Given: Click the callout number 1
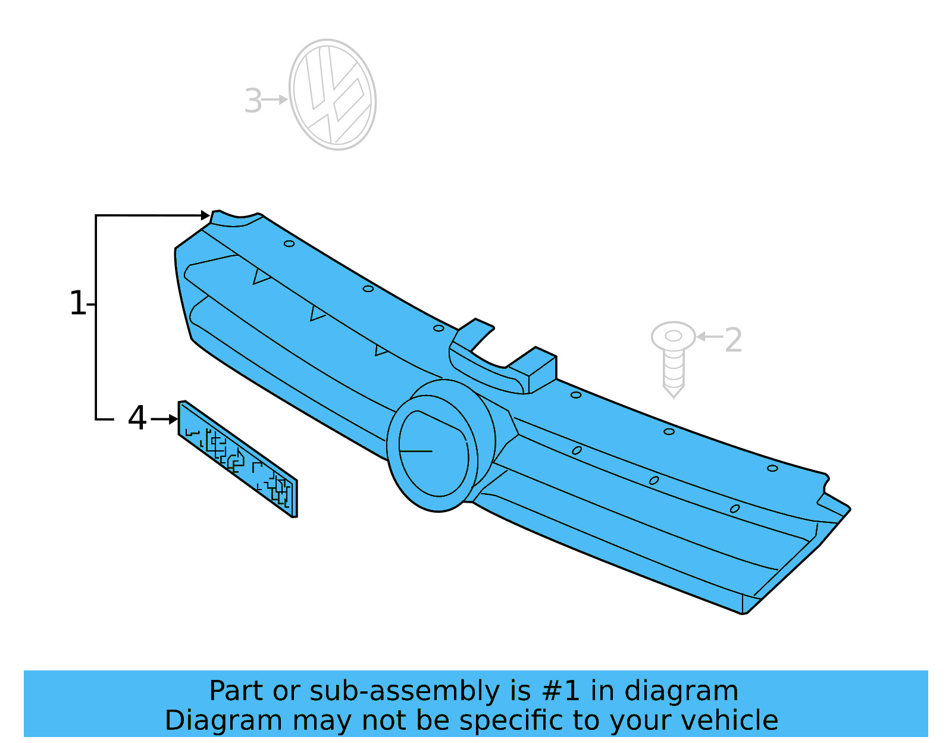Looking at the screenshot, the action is (x=78, y=303).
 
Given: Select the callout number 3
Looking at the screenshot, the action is (x=253, y=101).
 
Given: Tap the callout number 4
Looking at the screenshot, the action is (x=137, y=418).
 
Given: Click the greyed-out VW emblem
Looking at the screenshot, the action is (x=332, y=94).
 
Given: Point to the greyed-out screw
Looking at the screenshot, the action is (x=673, y=359).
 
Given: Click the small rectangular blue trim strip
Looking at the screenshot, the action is (x=237, y=458).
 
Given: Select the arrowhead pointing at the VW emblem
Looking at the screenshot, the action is (x=283, y=100).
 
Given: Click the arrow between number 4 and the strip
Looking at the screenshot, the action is (x=164, y=419).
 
